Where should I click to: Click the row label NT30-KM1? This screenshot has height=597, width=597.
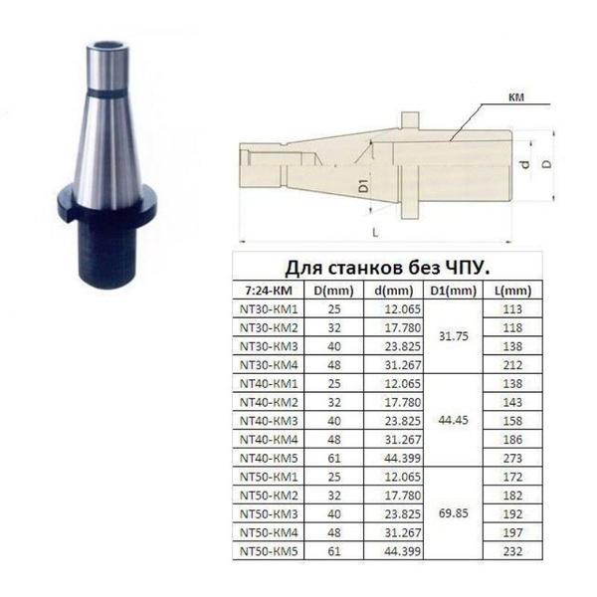point(269,309)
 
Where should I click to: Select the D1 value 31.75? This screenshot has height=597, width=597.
point(453,336)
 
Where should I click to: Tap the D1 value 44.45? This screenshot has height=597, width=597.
point(453,420)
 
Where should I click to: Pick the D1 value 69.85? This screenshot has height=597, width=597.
point(453,513)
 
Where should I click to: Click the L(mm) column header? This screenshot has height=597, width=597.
point(512,291)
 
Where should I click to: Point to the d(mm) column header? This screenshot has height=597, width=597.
point(394,291)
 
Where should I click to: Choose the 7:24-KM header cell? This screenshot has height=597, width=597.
point(269,291)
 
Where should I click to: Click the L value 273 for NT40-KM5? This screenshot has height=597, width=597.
point(512,458)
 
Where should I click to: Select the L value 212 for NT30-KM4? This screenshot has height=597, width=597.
point(512,365)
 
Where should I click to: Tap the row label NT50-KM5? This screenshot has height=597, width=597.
point(269,551)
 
